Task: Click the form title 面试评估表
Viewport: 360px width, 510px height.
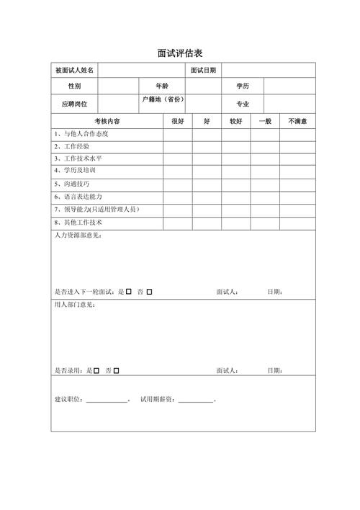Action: coord(179,53)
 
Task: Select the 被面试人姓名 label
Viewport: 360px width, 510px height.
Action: coord(74,71)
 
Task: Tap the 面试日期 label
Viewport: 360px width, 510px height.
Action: coord(203,71)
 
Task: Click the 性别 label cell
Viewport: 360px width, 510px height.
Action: coord(74,86)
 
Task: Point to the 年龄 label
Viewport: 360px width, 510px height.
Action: coord(161,86)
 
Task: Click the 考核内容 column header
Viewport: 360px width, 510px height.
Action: coord(107,122)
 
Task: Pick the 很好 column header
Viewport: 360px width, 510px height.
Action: coord(177,122)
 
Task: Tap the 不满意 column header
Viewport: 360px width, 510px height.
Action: coord(298,122)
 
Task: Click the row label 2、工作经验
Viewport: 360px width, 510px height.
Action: coord(72,146)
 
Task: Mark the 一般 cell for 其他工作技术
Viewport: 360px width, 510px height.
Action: coord(265,223)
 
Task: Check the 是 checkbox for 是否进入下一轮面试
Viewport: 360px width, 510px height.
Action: coord(129,292)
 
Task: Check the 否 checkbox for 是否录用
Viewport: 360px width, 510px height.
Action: coord(117,370)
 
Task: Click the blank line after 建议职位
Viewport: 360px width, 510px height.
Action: coord(106,400)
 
